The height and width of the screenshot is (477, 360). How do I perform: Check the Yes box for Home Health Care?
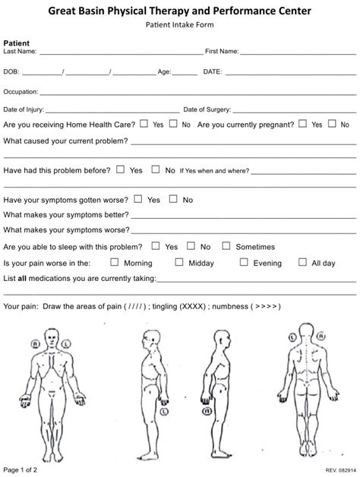click(x=144, y=122)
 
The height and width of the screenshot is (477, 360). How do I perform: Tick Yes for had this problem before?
click(x=122, y=170)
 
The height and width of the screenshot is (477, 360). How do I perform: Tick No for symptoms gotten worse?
click(x=173, y=199)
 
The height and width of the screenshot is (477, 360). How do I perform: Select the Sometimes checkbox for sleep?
click(x=226, y=246)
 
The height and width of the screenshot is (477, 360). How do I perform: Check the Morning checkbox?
click(x=115, y=262)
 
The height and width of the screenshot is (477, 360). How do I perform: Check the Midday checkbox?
click(x=179, y=262)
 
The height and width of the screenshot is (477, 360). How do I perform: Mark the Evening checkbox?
click(x=244, y=262)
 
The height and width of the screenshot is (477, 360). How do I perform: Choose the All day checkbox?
click(x=303, y=262)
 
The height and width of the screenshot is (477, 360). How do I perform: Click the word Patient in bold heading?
click(x=17, y=43)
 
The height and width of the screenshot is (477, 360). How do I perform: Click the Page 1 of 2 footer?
click(x=22, y=469)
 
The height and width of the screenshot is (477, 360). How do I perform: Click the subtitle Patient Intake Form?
click(x=179, y=25)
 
